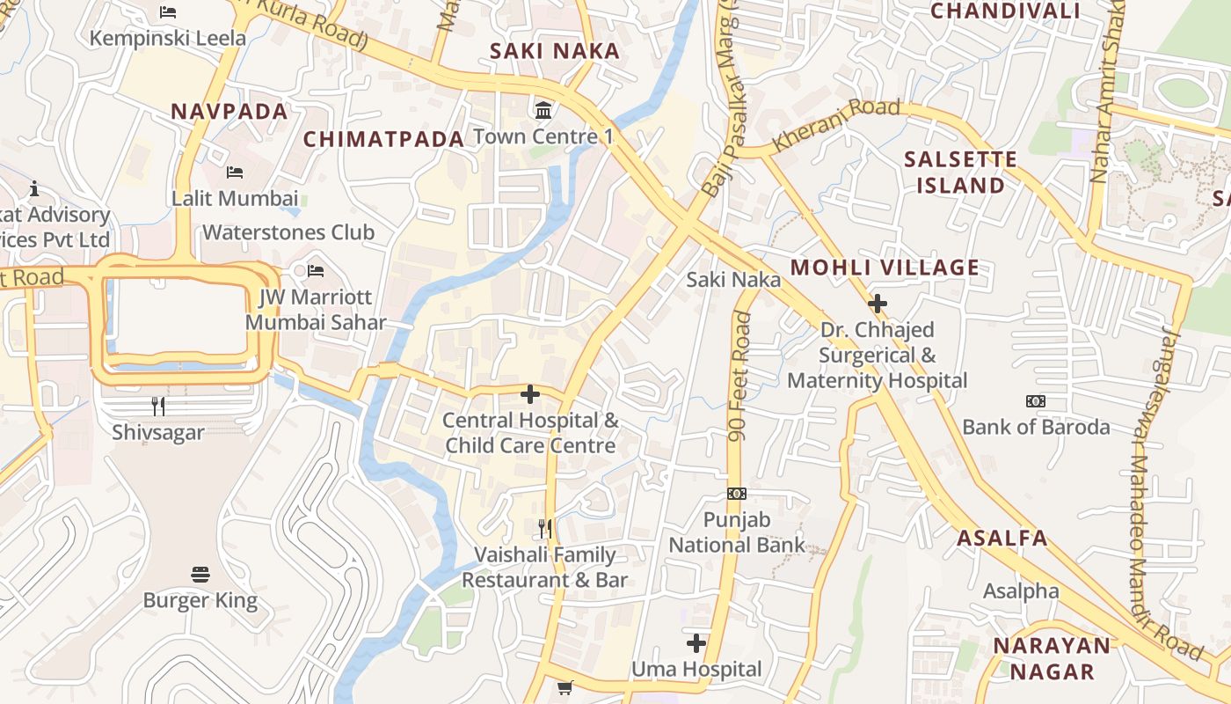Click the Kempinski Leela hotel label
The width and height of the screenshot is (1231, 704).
[x=168, y=39]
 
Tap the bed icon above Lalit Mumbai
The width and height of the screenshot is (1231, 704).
[x=235, y=172]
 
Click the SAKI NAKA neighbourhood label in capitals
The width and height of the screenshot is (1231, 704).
[x=555, y=51]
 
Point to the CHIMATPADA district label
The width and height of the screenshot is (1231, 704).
[x=383, y=139]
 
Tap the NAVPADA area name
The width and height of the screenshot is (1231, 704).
[x=229, y=112]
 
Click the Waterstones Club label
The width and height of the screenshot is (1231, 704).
[x=288, y=232]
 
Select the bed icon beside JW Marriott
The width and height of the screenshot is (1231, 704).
[x=316, y=271]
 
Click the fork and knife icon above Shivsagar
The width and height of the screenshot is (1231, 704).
[x=158, y=406]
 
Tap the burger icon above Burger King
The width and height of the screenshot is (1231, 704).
[x=200, y=575]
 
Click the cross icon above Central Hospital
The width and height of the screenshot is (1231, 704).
[x=530, y=394]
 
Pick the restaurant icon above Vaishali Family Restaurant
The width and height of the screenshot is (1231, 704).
[x=545, y=528]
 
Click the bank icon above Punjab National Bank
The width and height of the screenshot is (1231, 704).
[x=737, y=494]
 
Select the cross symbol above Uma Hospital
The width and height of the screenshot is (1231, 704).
[x=696, y=643]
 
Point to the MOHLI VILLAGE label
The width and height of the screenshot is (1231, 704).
[x=885, y=268]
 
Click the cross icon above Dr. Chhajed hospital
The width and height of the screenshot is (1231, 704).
[x=877, y=304]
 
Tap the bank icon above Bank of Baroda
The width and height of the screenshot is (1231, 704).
[x=1036, y=401]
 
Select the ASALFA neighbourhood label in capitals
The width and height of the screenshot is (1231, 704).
[x=1002, y=539]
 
